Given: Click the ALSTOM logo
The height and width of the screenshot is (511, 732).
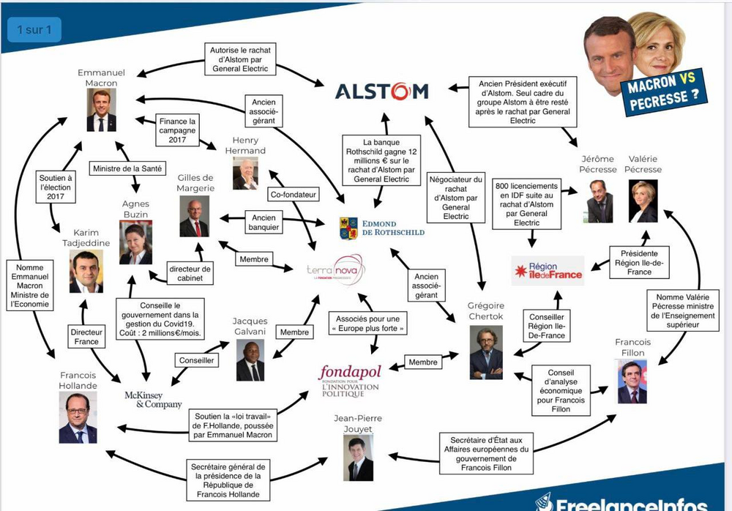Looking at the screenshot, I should click(x=381, y=92).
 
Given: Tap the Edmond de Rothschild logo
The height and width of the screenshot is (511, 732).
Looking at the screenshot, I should click(x=382, y=227).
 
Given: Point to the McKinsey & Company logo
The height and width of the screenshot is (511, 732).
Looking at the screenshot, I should click(x=153, y=400).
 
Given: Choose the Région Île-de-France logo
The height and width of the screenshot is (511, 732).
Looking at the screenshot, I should click(x=548, y=271).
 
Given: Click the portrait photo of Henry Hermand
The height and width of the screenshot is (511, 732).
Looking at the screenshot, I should click(x=245, y=174).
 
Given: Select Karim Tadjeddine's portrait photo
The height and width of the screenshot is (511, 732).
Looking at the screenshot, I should click(x=86, y=272).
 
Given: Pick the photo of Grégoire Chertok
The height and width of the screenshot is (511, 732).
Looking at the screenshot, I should click(x=486, y=352).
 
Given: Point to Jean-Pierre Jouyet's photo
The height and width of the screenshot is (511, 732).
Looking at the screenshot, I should click(x=358, y=459).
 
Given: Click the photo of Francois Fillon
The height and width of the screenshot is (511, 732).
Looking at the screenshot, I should click(x=632, y=383).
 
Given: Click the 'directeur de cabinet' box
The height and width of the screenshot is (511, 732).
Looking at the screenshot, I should click(x=190, y=273).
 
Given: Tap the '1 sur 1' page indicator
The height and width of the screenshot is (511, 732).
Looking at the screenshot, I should click(x=34, y=30).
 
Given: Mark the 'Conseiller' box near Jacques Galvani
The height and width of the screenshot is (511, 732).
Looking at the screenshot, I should click(x=196, y=360).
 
